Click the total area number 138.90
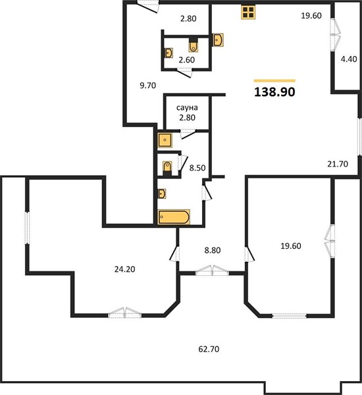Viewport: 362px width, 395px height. (x=274, y=92)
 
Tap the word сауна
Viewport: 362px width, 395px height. (x=187, y=108)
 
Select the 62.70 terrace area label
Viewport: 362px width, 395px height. (x=209, y=349)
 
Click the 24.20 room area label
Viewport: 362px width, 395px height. (x=124, y=269)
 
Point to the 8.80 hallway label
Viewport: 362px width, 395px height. (x=213, y=250)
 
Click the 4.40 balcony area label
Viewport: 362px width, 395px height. (x=349, y=59)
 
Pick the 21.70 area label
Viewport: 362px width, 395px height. (x=338, y=164)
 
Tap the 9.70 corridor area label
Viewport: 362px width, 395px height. (x=148, y=86)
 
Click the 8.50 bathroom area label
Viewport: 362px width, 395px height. (x=197, y=168)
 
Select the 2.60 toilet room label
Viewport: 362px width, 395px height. (x=187, y=60)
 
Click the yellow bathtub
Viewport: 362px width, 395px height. (x=174, y=217)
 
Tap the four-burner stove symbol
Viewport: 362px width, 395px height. (x=248, y=12)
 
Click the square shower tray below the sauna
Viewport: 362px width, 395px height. (x=165, y=140)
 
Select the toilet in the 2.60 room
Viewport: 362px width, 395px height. (x=194, y=46)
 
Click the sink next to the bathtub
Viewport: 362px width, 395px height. (x=162, y=194)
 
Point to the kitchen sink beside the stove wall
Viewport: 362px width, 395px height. (x=218, y=39)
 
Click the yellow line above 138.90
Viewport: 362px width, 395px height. (x=274, y=80)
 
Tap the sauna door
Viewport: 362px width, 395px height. (x=188, y=134)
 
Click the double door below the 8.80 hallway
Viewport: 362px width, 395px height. (x=212, y=271)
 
